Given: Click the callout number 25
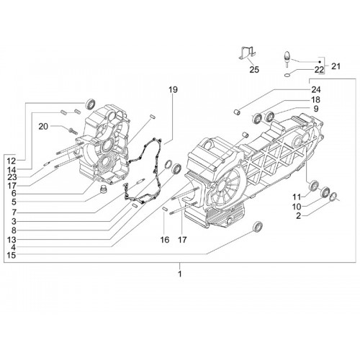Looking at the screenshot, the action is point(254,70).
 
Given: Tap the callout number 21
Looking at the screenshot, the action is point(336,66).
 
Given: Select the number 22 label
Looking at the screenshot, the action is point(319,70).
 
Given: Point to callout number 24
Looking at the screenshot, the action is point(316,90).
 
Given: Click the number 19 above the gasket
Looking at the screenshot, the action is point(173,90).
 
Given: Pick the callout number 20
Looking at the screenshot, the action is point(43,127).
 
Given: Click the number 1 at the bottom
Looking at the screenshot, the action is point(180,274).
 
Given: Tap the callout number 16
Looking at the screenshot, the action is point(165,240).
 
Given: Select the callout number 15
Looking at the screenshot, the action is point(12,255).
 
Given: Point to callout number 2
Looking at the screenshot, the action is point(298,216).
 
